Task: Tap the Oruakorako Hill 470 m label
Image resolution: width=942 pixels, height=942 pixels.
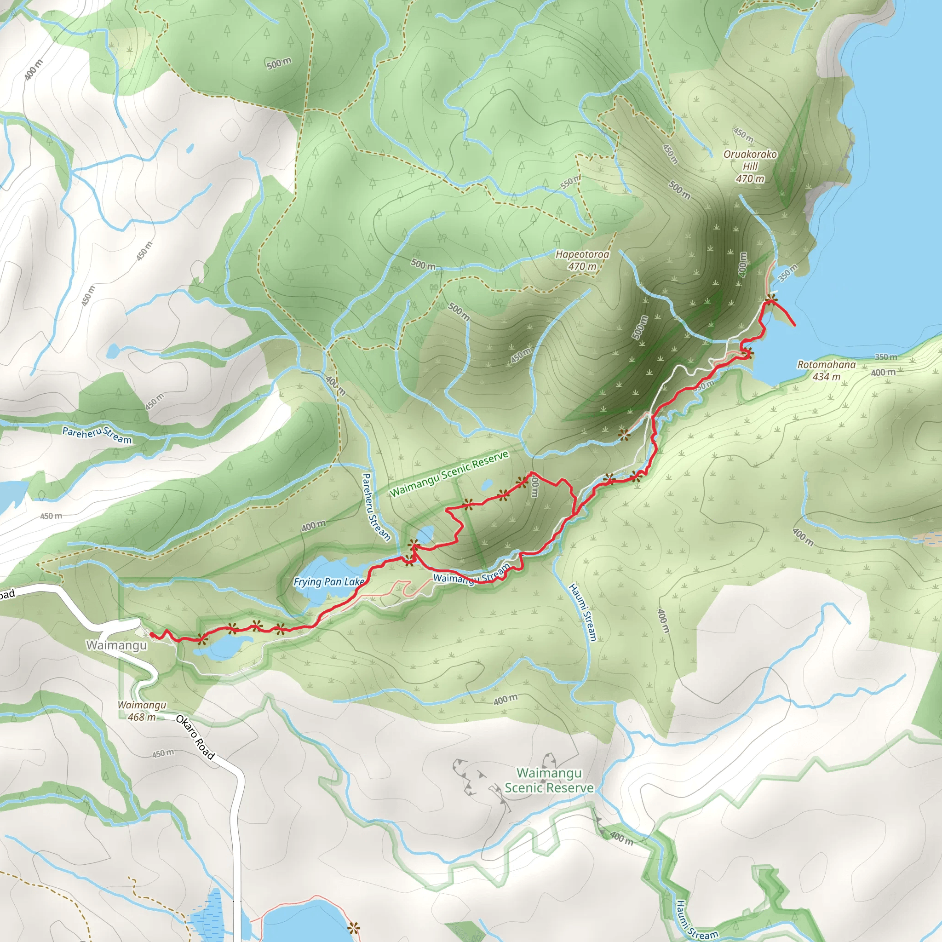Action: tap(750, 166)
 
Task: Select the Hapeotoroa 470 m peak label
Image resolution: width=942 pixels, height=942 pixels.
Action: tap(582, 260)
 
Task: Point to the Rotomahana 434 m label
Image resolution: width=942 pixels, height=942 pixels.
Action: tap(826, 371)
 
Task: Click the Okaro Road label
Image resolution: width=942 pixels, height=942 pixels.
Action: tap(195, 737)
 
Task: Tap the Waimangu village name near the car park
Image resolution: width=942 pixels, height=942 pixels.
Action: tap(116, 645)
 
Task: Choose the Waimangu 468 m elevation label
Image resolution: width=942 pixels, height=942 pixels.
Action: tap(141, 711)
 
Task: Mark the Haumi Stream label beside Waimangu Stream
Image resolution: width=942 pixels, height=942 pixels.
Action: tap(583, 612)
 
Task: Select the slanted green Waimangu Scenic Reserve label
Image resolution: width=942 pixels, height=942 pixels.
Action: tap(449, 473)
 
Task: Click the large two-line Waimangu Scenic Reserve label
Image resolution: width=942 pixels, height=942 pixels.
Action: tap(549, 780)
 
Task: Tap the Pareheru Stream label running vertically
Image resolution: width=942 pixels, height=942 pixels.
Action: tap(376, 506)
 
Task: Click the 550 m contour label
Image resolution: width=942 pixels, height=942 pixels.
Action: tap(570, 182)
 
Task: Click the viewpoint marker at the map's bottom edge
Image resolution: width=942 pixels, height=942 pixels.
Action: tap(354, 928)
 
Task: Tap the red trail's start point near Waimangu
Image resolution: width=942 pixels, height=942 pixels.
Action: tap(152, 634)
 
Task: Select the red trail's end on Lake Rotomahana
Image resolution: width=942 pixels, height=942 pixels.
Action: tap(795, 325)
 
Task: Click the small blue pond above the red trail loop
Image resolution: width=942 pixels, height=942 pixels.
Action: tap(487, 485)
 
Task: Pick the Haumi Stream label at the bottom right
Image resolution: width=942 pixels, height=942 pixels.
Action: tap(696, 920)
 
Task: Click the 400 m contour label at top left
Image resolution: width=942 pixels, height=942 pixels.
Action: tap(34, 70)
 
